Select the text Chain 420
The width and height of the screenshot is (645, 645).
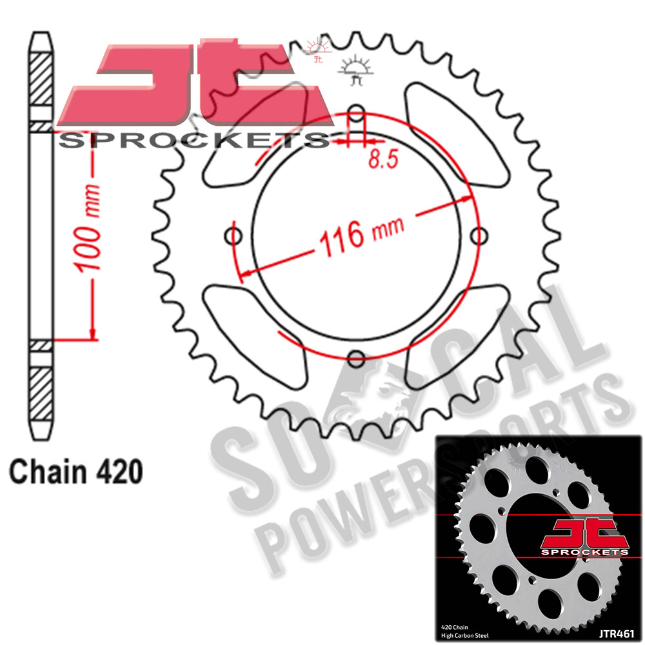pos(75,471)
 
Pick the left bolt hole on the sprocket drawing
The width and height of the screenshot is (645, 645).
pos(234,237)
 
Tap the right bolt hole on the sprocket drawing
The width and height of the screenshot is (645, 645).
pos(478,237)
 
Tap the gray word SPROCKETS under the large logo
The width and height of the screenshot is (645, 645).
pos(193,140)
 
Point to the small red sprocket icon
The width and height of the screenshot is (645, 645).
pos(318,48)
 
